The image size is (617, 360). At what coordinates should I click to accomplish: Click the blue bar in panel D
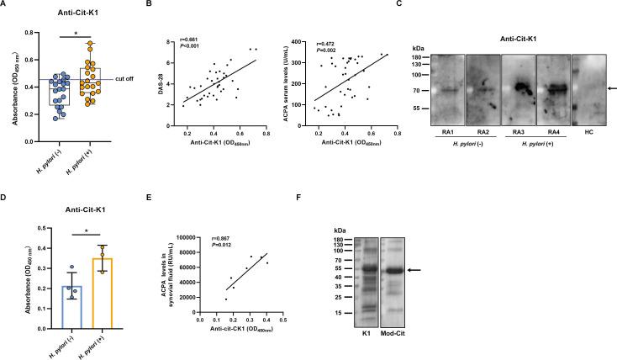click(x=55, y=304)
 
